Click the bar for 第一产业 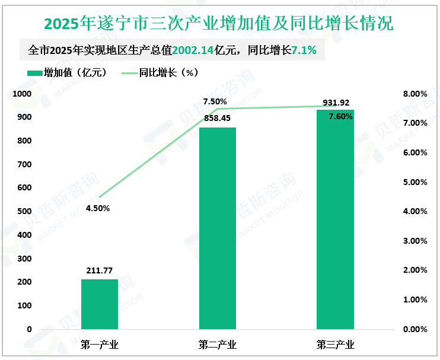(x=100, y=304)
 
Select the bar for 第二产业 (x=217, y=228)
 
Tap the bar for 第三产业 (x=335, y=219)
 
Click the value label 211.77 (x=100, y=271)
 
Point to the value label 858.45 (x=217, y=119)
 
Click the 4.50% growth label (x=98, y=208)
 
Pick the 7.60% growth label (x=340, y=117)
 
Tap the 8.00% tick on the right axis (x=415, y=94)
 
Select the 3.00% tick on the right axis (x=415, y=241)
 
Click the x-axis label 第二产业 (x=217, y=345)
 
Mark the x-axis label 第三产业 (x=335, y=345)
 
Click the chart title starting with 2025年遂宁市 (x=219, y=24)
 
